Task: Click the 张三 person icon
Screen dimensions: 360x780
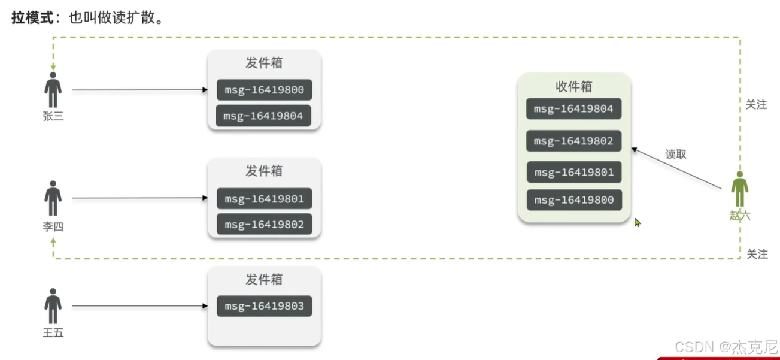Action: pyautogui.click(x=53, y=90)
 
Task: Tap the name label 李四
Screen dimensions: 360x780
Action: pyautogui.click(x=53, y=227)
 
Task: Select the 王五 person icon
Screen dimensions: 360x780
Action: pyautogui.click(x=53, y=306)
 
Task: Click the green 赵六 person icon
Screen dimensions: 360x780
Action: pyautogui.click(x=740, y=189)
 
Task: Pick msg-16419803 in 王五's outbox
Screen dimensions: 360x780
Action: pyautogui.click(x=264, y=306)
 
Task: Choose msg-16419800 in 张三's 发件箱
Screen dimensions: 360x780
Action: pyautogui.click(x=264, y=90)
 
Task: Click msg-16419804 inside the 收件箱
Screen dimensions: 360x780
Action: pyautogui.click(x=573, y=109)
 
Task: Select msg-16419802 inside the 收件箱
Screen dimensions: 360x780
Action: pyautogui.click(x=573, y=141)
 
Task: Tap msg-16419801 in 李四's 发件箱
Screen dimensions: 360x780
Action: pyautogui.click(x=264, y=198)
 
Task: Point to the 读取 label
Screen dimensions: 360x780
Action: pyautogui.click(x=676, y=154)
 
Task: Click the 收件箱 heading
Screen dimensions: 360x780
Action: pyautogui.click(x=573, y=87)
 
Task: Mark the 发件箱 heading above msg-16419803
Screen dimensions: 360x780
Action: pyautogui.click(x=264, y=280)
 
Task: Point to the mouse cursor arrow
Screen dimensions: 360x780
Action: pyautogui.click(x=637, y=222)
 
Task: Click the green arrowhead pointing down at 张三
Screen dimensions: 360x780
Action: pyautogui.click(x=53, y=66)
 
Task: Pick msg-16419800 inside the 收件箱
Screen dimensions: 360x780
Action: pyautogui.click(x=573, y=200)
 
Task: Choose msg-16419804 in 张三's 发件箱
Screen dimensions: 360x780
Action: pyautogui.click(x=264, y=116)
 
